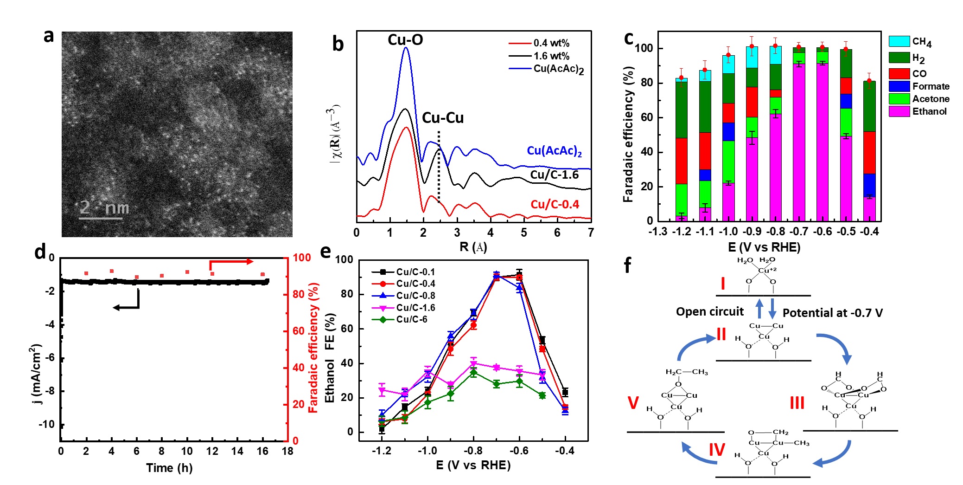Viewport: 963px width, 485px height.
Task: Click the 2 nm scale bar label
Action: pyautogui.click(x=104, y=207)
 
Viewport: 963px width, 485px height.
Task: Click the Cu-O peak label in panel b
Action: pyautogui.click(x=405, y=40)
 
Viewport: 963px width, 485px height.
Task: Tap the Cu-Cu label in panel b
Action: pyautogui.click(x=443, y=118)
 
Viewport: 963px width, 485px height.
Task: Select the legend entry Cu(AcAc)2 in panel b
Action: pyautogui.click(x=558, y=69)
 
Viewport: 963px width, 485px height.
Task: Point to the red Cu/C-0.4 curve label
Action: pyautogui.click(x=555, y=204)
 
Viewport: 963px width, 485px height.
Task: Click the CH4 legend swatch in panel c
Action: pyautogui.click(x=899, y=41)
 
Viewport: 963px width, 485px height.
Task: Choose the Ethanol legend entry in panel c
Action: pyautogui.click(x=929, y=111)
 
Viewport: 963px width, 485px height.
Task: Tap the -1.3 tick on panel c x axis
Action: pyautogui.click(x=658, y=231)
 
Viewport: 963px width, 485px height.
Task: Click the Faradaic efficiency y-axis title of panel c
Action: pyautogui.click(x=628, y=135)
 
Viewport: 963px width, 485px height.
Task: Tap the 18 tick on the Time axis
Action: pyautogui.click(x=287, y=451)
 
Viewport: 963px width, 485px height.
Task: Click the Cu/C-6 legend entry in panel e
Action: pyautogui.click(x=411, y=319)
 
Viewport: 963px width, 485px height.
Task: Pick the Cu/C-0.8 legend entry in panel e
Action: pyautogui.click(x=415, y=296)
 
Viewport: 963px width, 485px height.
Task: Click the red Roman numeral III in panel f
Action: pyautogui.click(x=797, y=402)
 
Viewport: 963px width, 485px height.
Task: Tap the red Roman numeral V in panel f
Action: pyautogui.click(x=633, y=402)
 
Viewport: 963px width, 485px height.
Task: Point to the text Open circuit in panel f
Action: pyautogui.click(x=709, y=311)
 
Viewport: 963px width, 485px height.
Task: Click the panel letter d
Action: pyautogui.click(x=40, y=252)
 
